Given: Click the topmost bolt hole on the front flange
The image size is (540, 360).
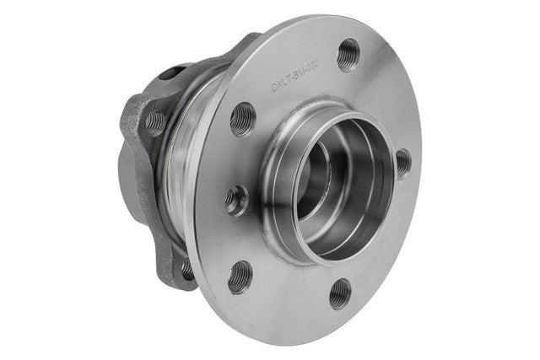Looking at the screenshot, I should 347,55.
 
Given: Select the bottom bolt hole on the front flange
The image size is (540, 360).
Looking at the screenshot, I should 339,293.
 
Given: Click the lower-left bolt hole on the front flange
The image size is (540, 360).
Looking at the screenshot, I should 240,276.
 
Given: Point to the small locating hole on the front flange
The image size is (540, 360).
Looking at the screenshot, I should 235,200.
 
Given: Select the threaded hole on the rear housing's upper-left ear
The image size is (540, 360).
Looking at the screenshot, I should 155,123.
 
